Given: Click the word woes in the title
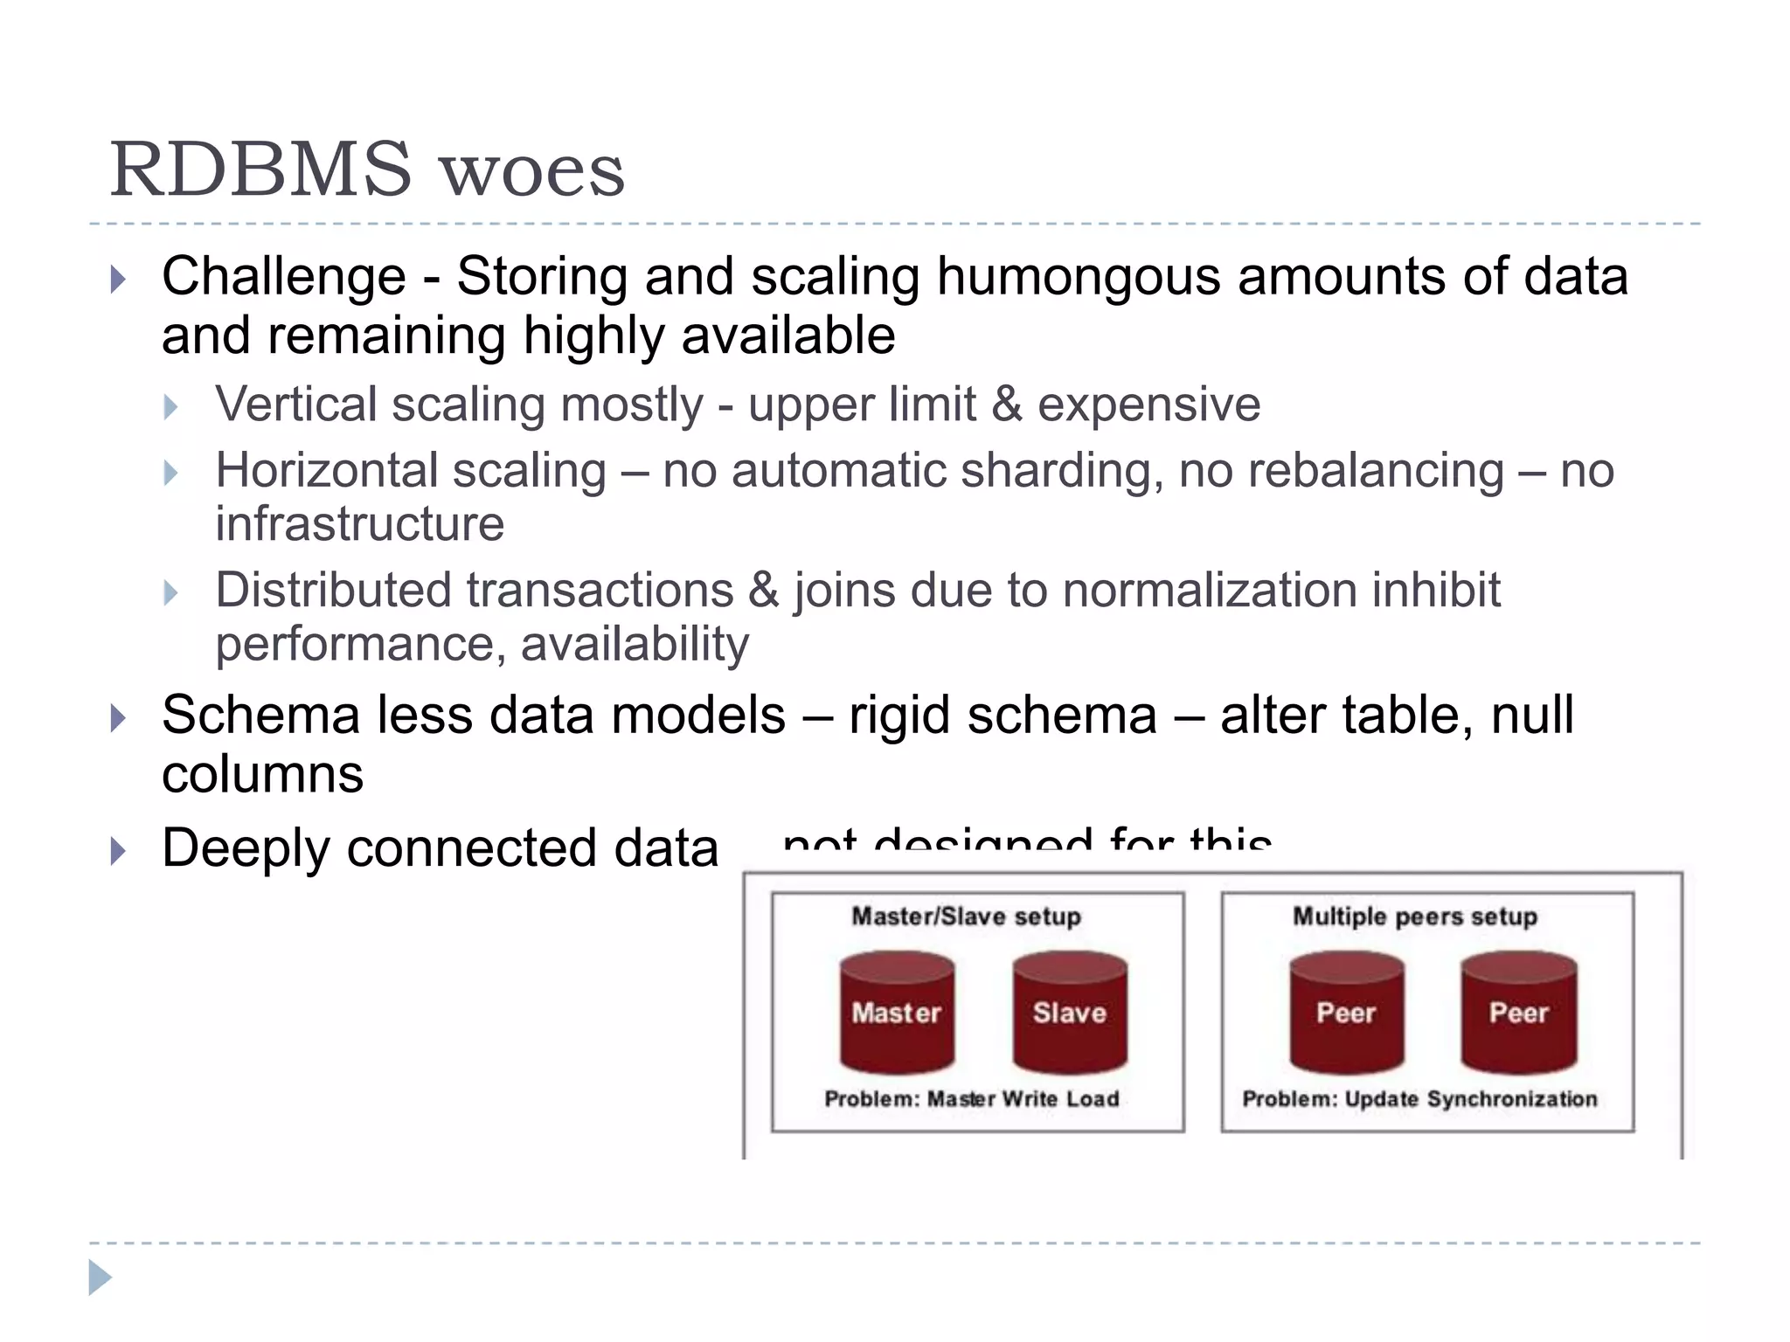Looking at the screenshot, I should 532,171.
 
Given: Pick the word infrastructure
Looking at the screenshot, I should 359,524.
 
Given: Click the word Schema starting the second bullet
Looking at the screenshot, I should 260,716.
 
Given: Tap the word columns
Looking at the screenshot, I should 262,775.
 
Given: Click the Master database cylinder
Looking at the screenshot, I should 897,1013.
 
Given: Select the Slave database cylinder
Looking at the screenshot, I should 1070,1013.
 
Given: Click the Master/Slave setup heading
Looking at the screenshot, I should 966,917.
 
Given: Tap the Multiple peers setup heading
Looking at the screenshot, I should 1415,917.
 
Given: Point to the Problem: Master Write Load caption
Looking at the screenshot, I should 971,1099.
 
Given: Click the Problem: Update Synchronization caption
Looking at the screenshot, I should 1419,1099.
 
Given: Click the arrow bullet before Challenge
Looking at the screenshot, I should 119,280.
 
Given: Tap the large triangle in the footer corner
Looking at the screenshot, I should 100,1277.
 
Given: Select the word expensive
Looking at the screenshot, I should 1148,405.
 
